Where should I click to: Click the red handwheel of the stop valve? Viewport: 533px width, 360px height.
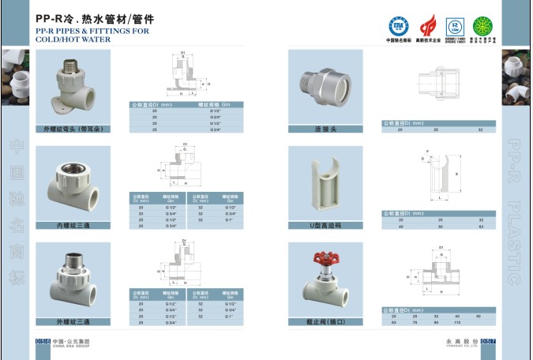(325, 258)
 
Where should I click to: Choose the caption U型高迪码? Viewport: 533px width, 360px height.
(325, 225)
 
